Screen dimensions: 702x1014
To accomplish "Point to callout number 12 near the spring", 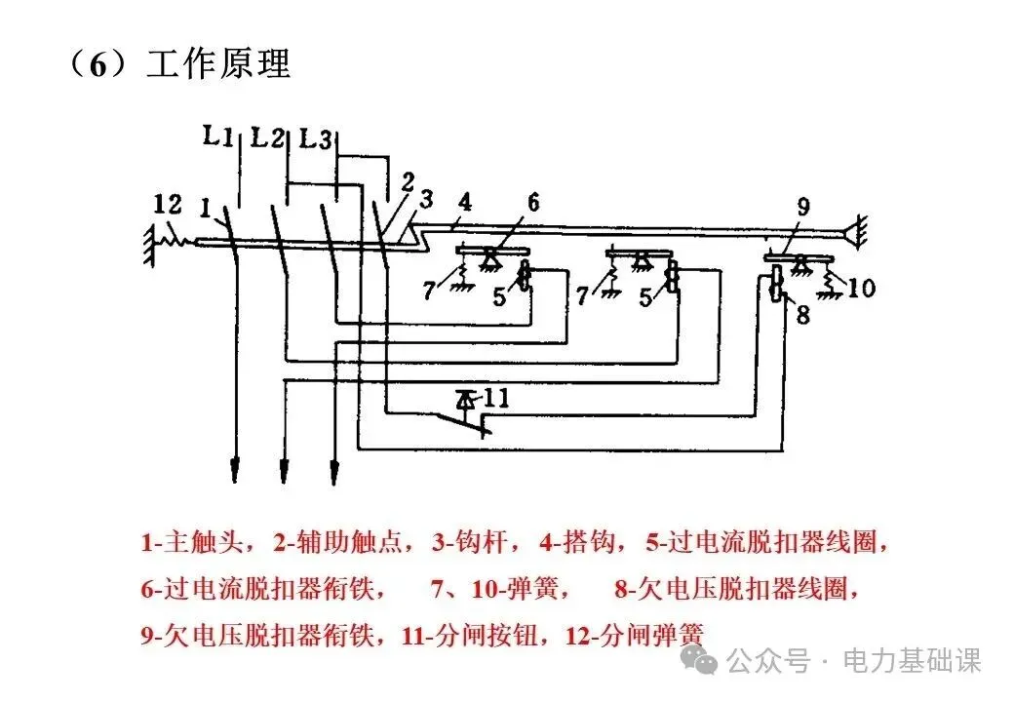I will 167,205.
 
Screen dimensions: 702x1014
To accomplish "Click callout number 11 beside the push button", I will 495,398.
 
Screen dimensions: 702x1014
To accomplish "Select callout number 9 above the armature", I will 803,207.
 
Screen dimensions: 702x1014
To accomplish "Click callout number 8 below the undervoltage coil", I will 803,314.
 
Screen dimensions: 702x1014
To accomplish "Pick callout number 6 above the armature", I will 533,203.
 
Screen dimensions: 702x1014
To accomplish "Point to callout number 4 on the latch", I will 465,203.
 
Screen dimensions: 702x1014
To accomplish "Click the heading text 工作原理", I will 218,64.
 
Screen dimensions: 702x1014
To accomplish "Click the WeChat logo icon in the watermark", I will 704,661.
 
